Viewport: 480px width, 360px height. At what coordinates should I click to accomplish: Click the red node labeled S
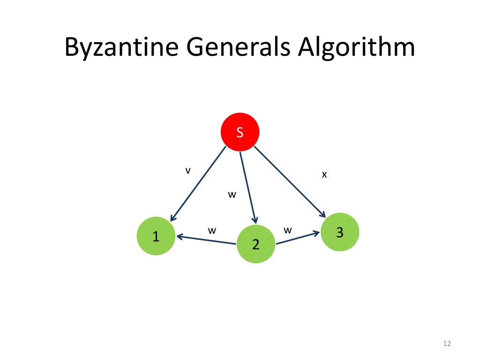(x=240, y=132)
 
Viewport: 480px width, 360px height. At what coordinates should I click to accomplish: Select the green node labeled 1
(x=156, y=236)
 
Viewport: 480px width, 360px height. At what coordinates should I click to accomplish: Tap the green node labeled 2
(x=255, y=244)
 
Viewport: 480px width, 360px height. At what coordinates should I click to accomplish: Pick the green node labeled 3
(x=340, y=232)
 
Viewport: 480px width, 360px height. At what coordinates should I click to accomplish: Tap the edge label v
(x=187, y=171)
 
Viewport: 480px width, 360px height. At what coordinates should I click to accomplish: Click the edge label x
(x=324, y=175)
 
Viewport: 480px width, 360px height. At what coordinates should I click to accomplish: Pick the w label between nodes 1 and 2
(x=212, y=230)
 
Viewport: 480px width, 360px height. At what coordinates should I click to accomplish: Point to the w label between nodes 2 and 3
(x=288, y=230)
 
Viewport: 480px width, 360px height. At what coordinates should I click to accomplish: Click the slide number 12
(x=446, y=345)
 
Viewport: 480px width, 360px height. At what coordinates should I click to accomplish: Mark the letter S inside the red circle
(x=240, y=133)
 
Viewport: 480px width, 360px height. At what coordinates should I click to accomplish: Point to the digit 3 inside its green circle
(x=340, y=232)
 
